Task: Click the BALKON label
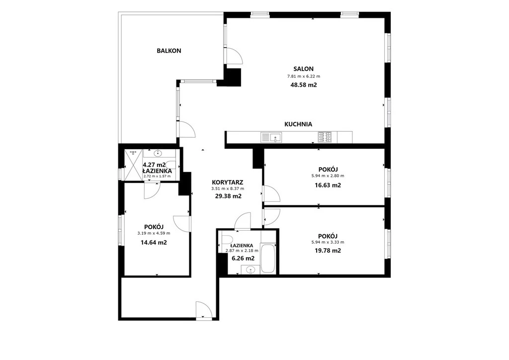(x=169, y=51)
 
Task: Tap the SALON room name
(x=304, y=69)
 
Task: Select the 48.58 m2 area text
(x=304, y=85)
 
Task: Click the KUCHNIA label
(x=298, y=124)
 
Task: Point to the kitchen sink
(x=271, y=137)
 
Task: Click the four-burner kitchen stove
(x=325, y=137)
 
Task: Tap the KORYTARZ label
(x=228, y=182)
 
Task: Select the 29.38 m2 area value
(x=228, y=196)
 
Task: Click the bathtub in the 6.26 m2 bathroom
(x=268, y=258)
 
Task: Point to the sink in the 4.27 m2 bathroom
(x=159, y=153)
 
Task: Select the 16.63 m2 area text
(x=328, y=185)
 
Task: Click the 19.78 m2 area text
(x=328, y=251)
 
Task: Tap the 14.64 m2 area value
(x=154, y=242)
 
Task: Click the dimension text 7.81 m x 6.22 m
(x=304, y=77)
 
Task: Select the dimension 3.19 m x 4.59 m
(x=154, y=233)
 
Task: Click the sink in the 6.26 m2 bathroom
(x=251, y=270)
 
